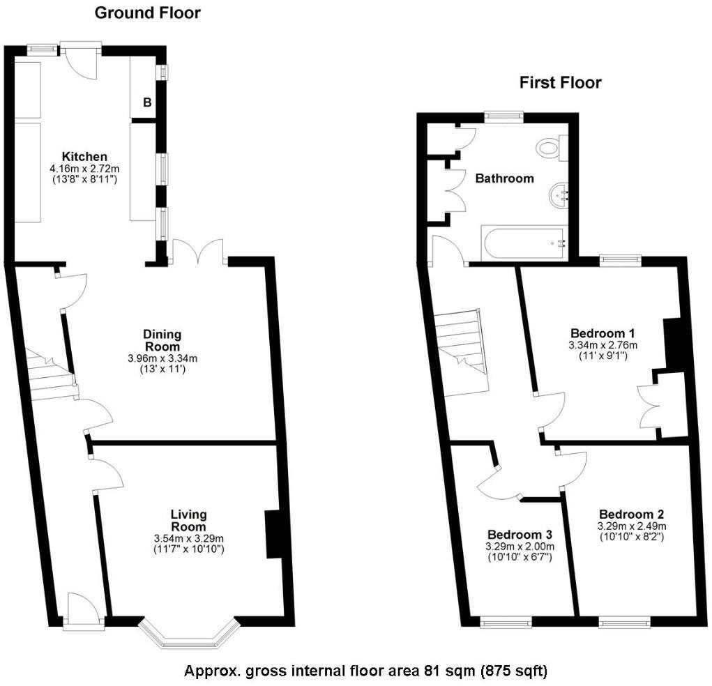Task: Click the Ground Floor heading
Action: (147, 13)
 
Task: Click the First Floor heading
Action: (560, 82)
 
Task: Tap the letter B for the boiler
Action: (147, 102)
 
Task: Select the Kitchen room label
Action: (84, 155)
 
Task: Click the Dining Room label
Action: (162, 340)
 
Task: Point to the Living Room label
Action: (189, 520)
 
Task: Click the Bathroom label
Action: (504, 178)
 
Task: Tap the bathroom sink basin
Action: (560, 196)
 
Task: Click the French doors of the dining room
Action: (198, 252)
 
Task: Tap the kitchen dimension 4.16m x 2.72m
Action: (84, 168)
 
